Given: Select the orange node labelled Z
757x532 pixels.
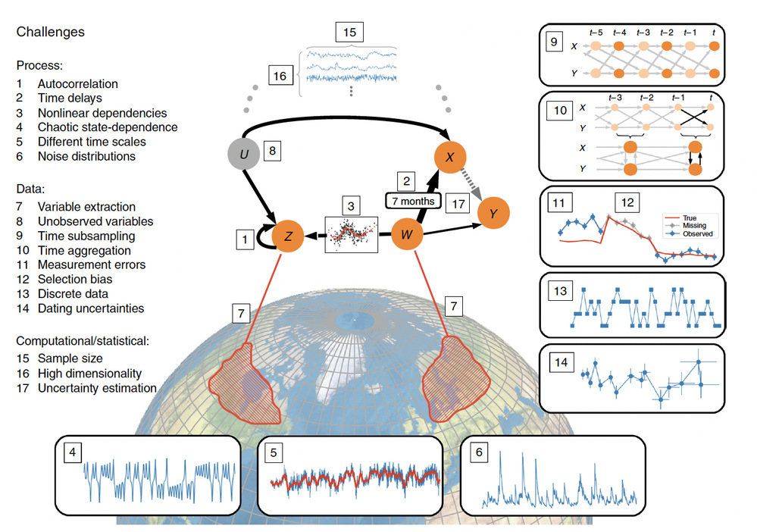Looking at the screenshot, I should (288, 237).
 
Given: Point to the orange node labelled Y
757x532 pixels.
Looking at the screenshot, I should (494, 214).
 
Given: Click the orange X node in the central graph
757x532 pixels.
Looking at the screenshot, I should (450, 158).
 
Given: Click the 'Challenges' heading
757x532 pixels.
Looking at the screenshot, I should (50, 32).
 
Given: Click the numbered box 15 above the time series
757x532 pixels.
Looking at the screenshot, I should (349, 32).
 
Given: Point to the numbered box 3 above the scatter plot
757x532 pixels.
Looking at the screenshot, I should (350, 205).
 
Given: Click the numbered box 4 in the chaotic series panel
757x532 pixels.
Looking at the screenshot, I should (72, 454).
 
